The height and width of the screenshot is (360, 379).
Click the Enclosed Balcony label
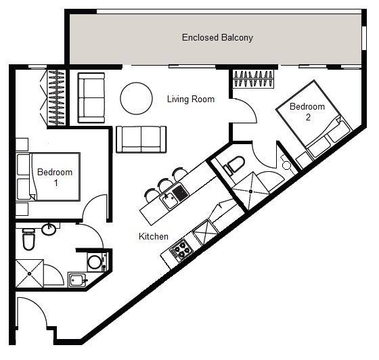click(217, 38)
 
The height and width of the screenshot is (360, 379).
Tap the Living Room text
click(191, 99)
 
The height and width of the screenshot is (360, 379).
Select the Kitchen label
click(154, 236)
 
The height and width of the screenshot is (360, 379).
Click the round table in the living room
click(136, 98)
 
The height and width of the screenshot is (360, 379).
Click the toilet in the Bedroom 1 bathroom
click(28, 240)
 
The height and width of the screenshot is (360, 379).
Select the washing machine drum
click(95, 261)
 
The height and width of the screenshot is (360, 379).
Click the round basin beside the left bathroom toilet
click(49, 229)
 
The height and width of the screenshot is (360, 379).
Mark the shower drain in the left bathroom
click(30, 274)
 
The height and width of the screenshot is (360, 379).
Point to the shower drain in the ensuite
click(250, 192)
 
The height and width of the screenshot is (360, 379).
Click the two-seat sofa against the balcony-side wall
click(91, 98)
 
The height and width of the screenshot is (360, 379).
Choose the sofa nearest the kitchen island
click(141, 139)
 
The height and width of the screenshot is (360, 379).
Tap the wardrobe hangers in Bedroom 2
click(253, 78)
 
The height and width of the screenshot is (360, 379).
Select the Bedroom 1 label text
click(55, 177)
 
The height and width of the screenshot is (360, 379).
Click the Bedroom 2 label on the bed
click(307, 112)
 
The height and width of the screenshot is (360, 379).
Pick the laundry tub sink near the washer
click(78, 279)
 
